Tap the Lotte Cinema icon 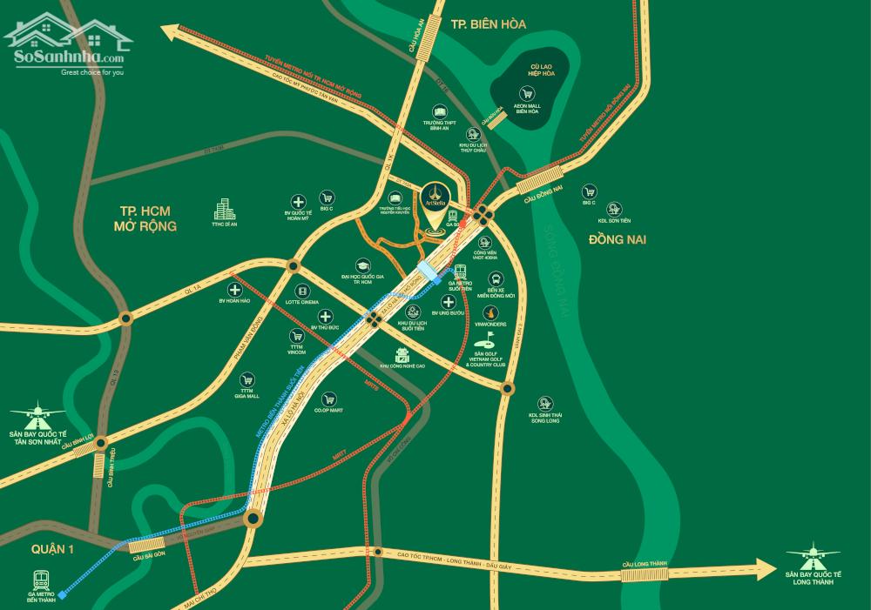[301, 292]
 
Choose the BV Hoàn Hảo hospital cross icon [233, 290]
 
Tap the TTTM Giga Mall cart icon [248, 379]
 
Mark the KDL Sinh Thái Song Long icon [546, 403]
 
